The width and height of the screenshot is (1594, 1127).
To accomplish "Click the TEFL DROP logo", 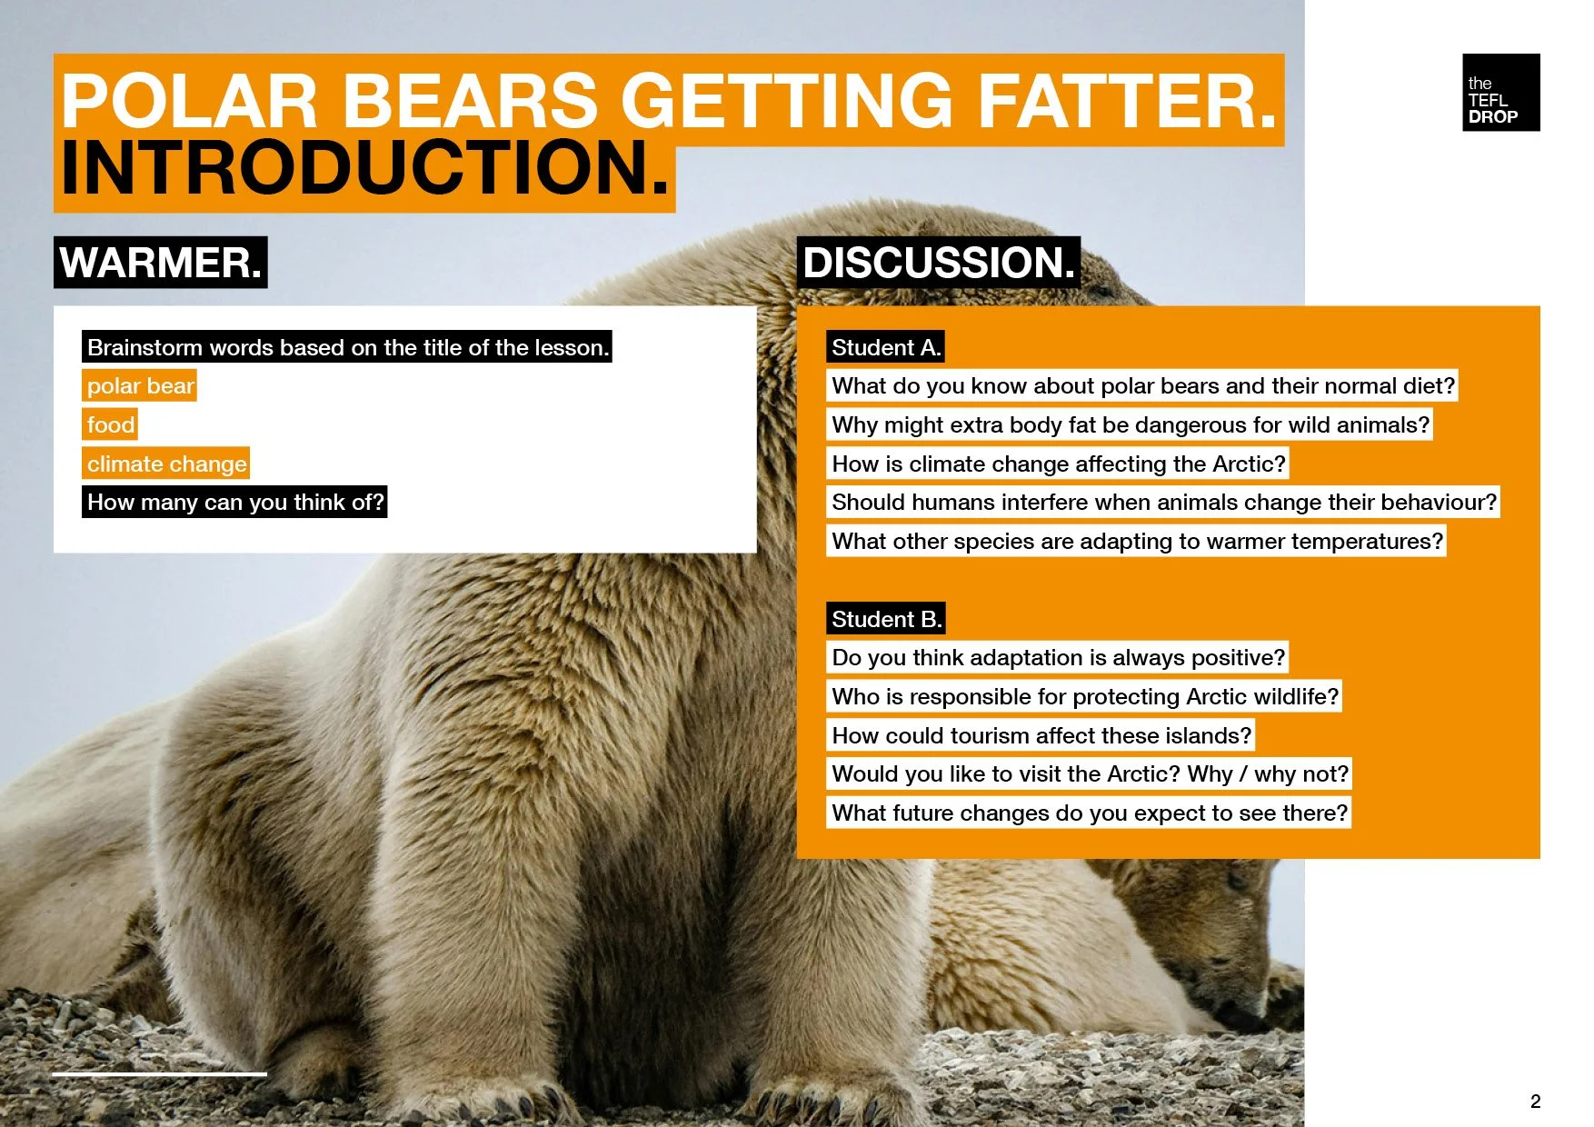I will pyautogui.click(x=1500, y=93).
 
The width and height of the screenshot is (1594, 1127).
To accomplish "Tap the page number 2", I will pyautogui.click(x=1535, y=1102).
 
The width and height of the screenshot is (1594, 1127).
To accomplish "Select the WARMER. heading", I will pyautogui.click(x=160, y=263).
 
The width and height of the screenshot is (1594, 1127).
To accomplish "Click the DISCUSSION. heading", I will pyautogui.click(x=938, y=263).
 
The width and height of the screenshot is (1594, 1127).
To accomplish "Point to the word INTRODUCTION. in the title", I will pyautogui.click(x=364, y=169).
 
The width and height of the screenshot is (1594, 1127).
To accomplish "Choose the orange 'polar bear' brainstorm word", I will pyautogui.click(x=140, y=386).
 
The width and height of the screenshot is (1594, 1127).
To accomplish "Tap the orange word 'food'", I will pyautogui.click(x=110, y=424).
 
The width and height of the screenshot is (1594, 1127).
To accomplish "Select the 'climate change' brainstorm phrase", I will pyautogui.click(x=166, y=464).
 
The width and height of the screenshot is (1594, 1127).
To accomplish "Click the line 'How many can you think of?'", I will pyautogui.click(x=234, y=503).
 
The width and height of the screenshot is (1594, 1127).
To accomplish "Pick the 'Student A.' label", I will pyautogui.click(x=885, y=347).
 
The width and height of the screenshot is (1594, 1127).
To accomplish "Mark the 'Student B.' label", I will pyautogui.click(x=885, y=619).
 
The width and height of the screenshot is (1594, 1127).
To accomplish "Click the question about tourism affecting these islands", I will pyautogui.click(x=1041, y=735).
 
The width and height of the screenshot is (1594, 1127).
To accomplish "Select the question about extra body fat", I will pyautogui.click(x=1130, y=424).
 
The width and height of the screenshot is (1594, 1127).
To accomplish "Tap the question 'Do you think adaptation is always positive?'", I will pyautogui.click(x=1058, y=657).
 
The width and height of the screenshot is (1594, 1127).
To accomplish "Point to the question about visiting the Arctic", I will pyautogui.click(x=1090, y=773).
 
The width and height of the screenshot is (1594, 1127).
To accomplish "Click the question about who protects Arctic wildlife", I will pyautogui.click(x=1084, y=696).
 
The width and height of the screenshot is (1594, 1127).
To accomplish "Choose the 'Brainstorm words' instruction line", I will pyautogui.click(x=347, y=347).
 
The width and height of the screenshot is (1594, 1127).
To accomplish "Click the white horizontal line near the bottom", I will pyautogui.click(x=159, y=1073).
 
